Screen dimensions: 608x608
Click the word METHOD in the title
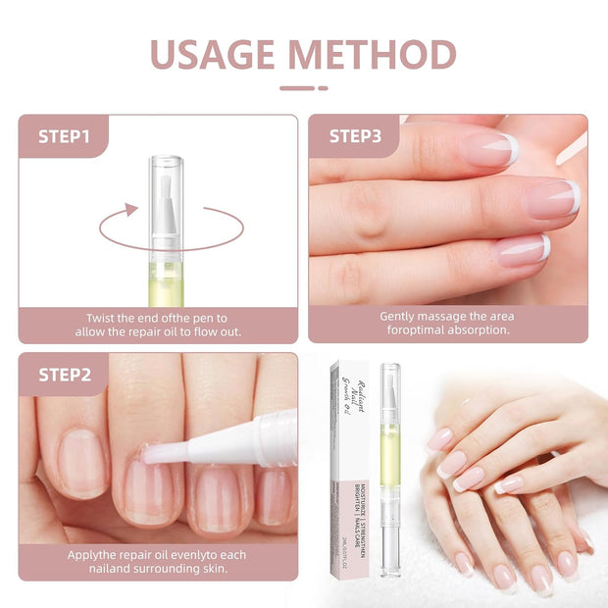pos(380,55)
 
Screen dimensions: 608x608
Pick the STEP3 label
pos(354,136)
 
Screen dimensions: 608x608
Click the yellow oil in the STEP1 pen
pos(166,284)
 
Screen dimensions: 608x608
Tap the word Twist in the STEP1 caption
pos(103,318)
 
